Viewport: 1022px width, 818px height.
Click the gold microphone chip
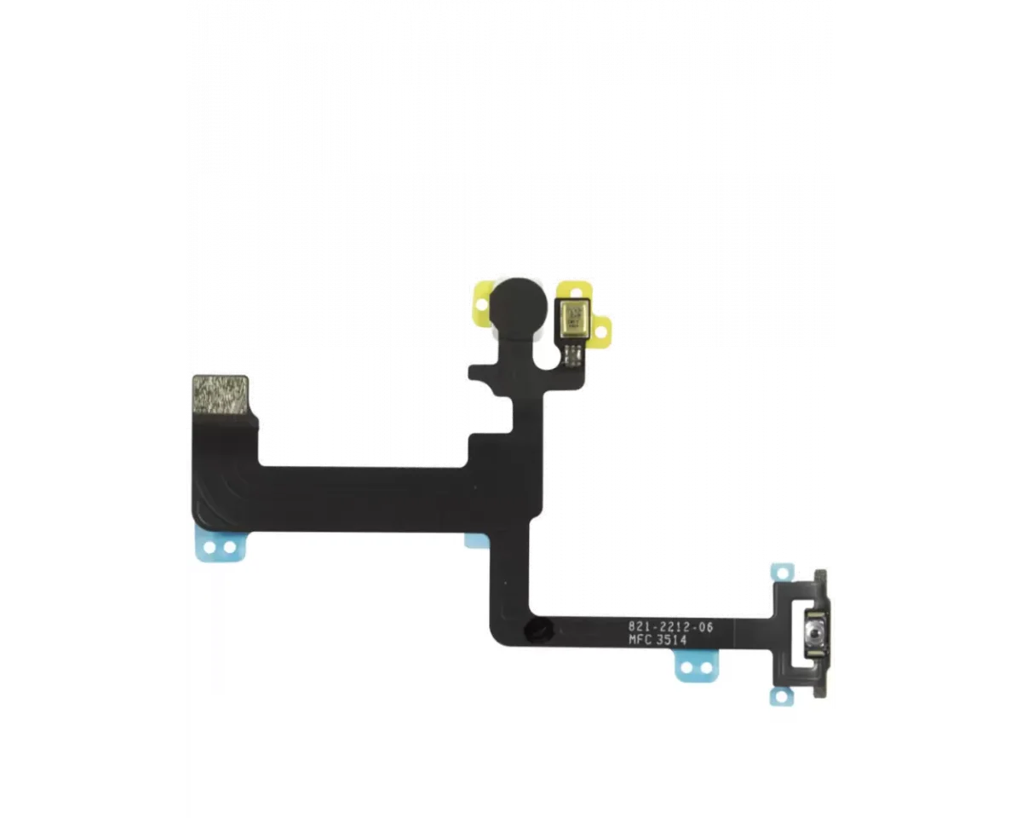(x=573, y=319)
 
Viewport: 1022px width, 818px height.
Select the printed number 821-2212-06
(x=670, y=627)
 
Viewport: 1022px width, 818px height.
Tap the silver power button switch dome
(x=816, y=634)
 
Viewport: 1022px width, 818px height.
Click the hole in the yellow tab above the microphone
(x=577, y=291)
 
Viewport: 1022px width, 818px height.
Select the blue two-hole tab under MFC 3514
(x=698, y=668)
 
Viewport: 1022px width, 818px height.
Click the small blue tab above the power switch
(x=783, y=573)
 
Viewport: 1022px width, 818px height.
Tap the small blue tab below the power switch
(x=782, y=696)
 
